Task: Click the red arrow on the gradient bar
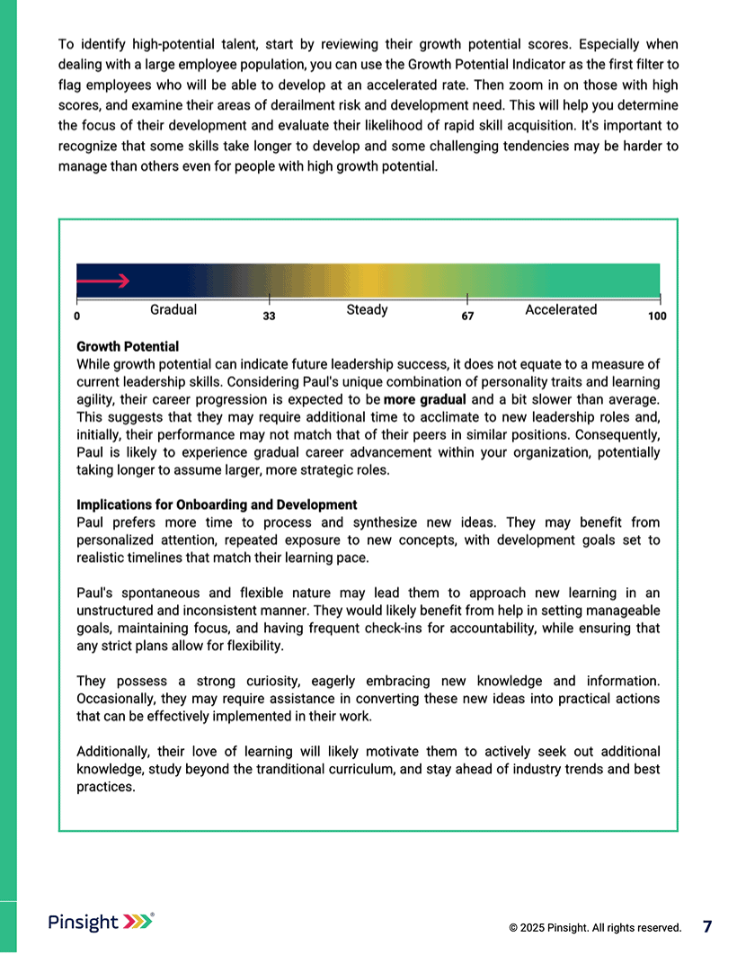click(104, 281)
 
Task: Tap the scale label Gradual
click(173, 310)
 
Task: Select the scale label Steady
click(367, 310)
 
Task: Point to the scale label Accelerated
click(561, 310)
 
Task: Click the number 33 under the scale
click(269, 317)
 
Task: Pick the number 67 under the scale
click(467, 317)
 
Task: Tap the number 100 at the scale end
click(657, 317)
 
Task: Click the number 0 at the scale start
click(77, 317)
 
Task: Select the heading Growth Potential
click(128, 347)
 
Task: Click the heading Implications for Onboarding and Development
click(217, 505)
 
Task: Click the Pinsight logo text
click(83, 923)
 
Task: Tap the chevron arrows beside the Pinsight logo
click(138, 922)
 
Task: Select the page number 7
click(707, 926)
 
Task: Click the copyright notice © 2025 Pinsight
click(595, 927)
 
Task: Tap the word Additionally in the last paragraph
click(114, 752)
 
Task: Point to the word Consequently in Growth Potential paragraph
click(619, 435)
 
